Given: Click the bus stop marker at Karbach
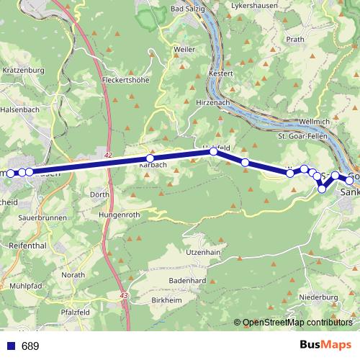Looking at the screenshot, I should (150, 158).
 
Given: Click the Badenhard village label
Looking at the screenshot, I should (187, 280).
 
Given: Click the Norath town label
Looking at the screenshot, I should (73, 274).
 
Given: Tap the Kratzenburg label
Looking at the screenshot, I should (24, 71).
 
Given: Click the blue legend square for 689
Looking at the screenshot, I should (11, 346).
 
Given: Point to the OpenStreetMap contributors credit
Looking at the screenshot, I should (297, 323).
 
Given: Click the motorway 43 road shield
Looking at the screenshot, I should (125, 295).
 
